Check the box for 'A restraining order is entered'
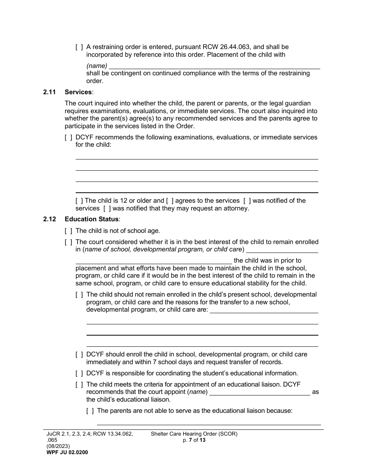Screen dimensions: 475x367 (79, 47)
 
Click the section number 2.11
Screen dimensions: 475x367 (49, 92)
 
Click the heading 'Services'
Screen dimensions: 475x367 (78, 92)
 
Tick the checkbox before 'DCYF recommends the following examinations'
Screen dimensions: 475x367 (68, 137)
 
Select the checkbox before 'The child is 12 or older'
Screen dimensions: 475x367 (79, 201)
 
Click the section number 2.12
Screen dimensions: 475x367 (49, 219)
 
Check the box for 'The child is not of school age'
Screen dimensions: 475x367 (68, 231)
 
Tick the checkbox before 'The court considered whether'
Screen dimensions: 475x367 (68, 242)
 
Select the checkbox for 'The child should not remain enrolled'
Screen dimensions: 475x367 (79, 295)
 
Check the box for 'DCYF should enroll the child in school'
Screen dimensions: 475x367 (79, 355)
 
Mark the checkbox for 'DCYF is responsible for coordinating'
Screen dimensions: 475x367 (79, 373)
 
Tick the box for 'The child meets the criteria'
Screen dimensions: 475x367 (79, 385)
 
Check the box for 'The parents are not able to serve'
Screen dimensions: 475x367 (90, 411)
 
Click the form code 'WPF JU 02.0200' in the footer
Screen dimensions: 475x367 (67, 452)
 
